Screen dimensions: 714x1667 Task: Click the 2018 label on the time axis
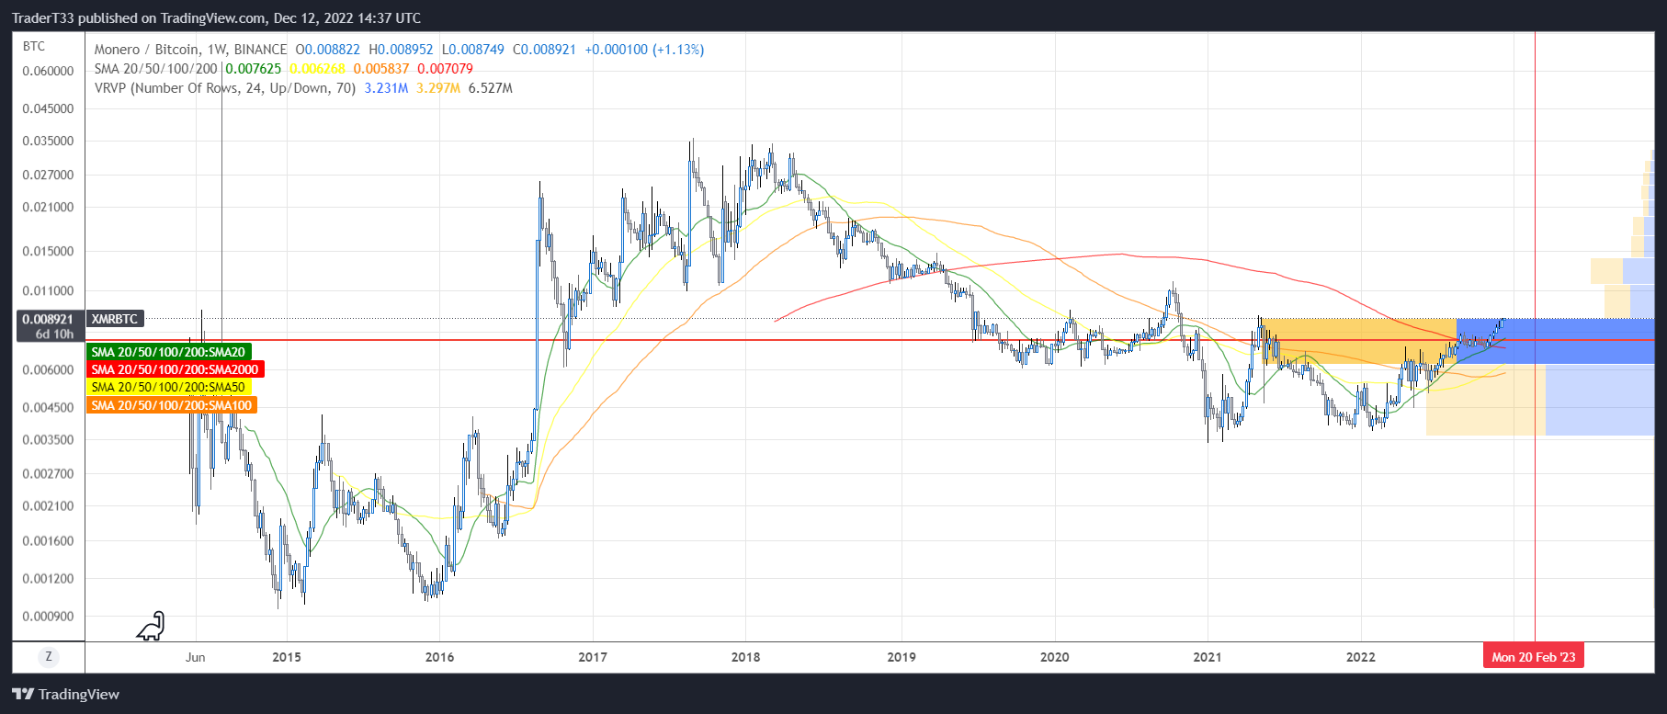tap(745, 657)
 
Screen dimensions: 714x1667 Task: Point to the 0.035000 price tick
tap(48, 142)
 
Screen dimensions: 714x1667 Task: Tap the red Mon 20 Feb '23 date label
tap(1533, 657)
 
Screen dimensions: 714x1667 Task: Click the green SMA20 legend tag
tap(168, 352)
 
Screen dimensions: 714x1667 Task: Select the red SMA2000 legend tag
tap(175, 369)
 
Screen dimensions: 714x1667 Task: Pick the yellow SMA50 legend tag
tap(168, 387)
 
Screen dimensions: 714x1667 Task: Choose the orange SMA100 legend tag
tap(171, 405)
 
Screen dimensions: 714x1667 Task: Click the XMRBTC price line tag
tap(115, 319)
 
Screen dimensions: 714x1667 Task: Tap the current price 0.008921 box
tap(48, 326)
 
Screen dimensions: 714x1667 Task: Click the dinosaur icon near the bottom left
tap(151, 627)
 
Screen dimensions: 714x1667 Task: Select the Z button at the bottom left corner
tap(49, 656)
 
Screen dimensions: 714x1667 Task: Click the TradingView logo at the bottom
tap(66, 695)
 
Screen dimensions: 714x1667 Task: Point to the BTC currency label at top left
tap(34, 46)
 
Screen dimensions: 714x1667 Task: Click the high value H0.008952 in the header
tap(401, 50)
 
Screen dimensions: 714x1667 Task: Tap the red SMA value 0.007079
tap(445, 69)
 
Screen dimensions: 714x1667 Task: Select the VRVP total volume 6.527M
tap(491, 88)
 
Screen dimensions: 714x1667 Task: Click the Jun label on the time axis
tap(195, 657)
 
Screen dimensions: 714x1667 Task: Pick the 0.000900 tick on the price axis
tap(48, 617)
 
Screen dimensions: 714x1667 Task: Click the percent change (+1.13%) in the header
tap(678, 50)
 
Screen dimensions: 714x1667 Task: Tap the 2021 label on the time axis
tap(1207, 657)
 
